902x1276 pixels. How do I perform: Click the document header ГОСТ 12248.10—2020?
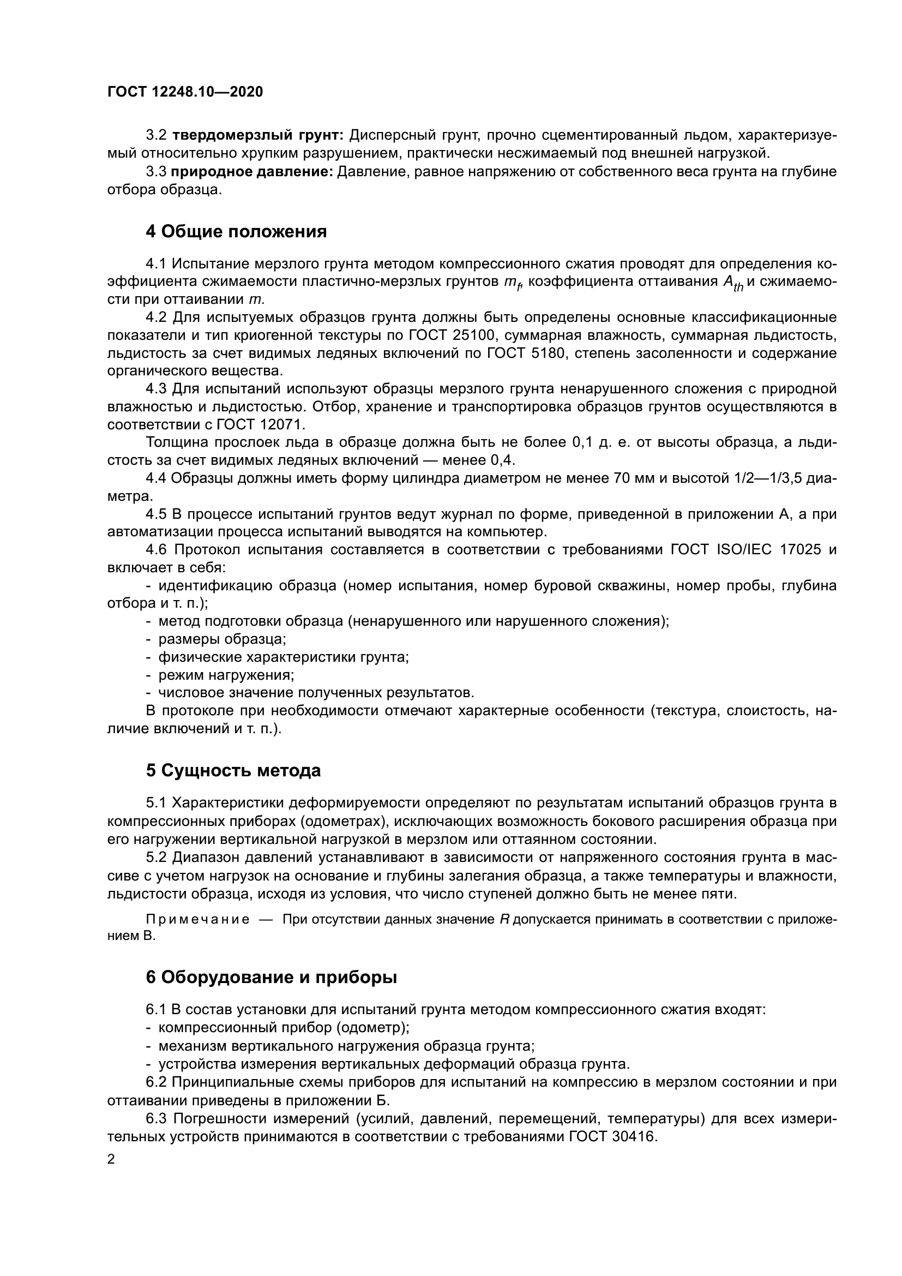pyautogui.click(x=185, y=92)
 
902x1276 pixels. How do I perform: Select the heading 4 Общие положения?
pyautogui.click(x=236, y=231)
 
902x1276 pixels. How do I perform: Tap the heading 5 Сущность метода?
pyautogui.click(x=233, y=770)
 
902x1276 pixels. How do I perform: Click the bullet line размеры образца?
pyautogui.click(x=222, y=639)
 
